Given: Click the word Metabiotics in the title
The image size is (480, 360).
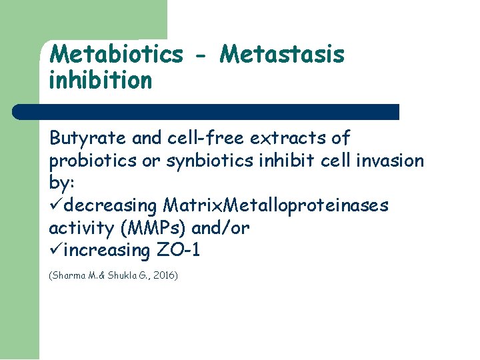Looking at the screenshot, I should [x=116, y=54].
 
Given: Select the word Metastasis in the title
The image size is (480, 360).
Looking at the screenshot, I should [x=282, y=54].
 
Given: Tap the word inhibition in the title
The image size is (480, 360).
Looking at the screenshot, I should [x=101, y=81].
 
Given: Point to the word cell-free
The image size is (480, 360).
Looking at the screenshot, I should [x=205, y=138].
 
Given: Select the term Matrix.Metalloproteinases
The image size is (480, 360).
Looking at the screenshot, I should [x=275, y=206].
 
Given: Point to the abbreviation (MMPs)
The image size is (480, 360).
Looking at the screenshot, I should [x=153, y=229].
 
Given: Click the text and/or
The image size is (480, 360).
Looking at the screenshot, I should [x=220, y=229].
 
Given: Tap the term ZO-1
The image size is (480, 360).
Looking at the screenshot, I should [x=178, y=251].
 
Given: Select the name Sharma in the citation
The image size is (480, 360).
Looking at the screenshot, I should [x=67, y=275].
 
